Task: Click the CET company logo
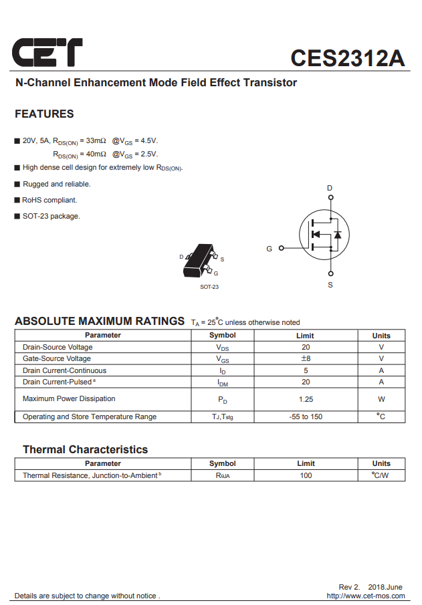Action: point(47,52)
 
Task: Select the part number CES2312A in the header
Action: point(347,58)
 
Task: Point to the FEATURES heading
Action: point(44,114)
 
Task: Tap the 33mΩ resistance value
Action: point(96,141)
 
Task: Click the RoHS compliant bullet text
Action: point(49,200)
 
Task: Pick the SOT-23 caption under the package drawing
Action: point(209,287)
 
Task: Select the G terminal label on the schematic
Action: point(270,249)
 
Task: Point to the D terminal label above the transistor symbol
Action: point(330,189)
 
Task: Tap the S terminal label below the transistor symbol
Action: point(330,285)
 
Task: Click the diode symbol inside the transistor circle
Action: point(338,235)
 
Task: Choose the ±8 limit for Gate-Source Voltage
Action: point(306,359)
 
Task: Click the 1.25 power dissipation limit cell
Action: point(306,399)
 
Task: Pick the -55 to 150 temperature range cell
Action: point(306,417)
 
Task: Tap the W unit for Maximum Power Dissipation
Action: point(381,399)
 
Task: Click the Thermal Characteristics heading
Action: point(85,449)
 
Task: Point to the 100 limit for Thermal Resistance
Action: point(306,475)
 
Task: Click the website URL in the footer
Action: point(365,596)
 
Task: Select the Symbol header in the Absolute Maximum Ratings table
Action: point(222,336)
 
